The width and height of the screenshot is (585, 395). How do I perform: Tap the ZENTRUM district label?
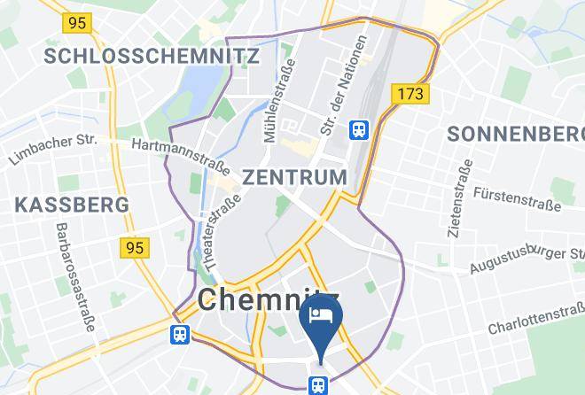tap(294, 176)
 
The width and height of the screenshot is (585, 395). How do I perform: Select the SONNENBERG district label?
tap(516, 135)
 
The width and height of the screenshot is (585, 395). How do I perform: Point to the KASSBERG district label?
tap(73, 205)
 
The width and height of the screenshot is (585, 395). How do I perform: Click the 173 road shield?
tap(414, 92)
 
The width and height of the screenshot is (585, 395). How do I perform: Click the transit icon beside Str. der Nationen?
tap(359, 130)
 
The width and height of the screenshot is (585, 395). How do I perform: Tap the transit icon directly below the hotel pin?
tap(318, 383)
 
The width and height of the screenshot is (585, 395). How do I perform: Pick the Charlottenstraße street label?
tap(534, 320)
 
